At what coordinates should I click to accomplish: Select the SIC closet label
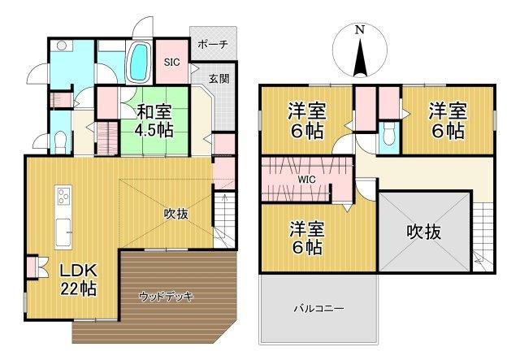coord(171,62)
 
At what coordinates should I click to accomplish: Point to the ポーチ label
coord(213,45)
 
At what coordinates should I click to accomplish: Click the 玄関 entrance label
coord(219,79)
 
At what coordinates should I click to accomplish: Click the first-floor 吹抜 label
coord(176,214)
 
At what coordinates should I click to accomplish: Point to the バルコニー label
coord(318,310)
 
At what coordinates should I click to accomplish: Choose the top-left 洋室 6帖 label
coord(308,120)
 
